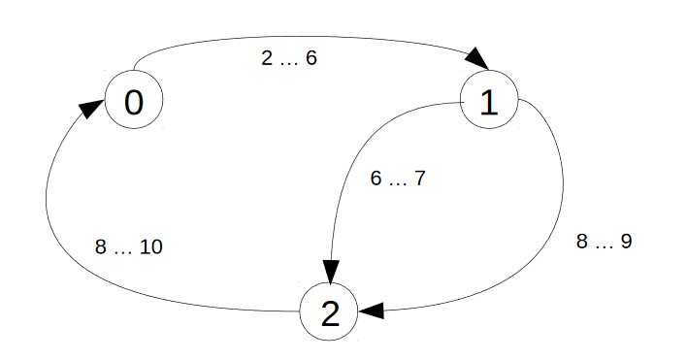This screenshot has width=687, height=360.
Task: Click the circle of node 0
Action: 134,100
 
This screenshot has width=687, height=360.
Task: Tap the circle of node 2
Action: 330,312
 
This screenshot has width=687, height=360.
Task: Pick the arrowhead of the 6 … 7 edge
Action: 331,274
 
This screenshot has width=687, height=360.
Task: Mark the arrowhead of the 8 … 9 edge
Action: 372,311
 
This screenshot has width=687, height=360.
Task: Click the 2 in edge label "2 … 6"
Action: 267,58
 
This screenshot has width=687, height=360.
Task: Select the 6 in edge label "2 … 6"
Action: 311,58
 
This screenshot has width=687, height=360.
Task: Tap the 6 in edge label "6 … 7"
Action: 376,180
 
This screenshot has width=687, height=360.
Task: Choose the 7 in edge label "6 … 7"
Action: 420,180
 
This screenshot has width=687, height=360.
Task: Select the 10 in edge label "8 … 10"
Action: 150,247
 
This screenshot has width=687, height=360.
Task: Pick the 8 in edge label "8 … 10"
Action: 100,247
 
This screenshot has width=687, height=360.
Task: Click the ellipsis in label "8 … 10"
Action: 122,250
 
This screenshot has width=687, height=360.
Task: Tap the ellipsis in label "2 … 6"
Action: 289,61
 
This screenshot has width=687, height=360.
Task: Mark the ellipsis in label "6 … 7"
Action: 399,182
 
